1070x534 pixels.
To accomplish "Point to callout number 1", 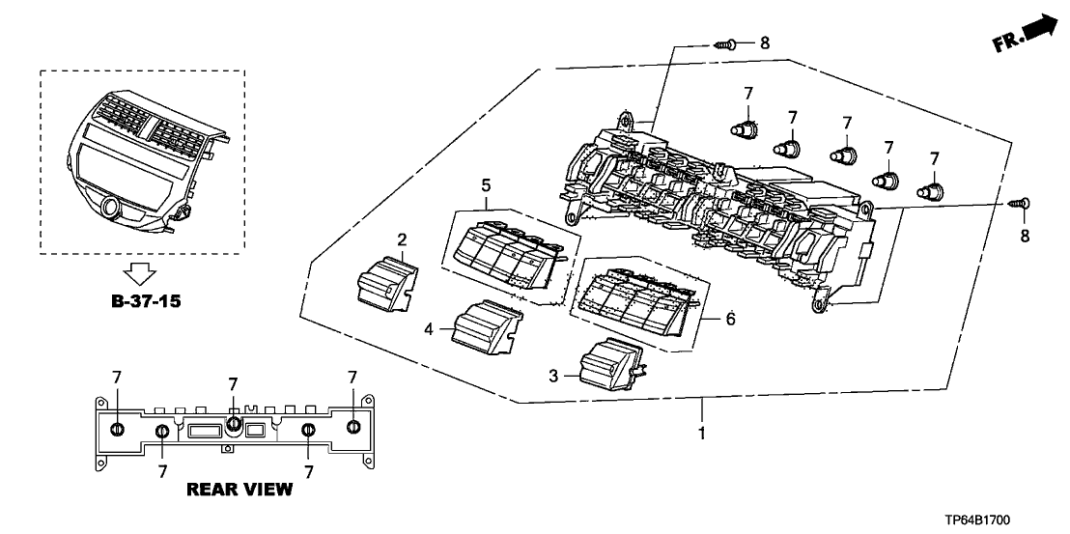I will coord(702,434).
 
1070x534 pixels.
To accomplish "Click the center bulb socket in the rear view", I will coord(233,422).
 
